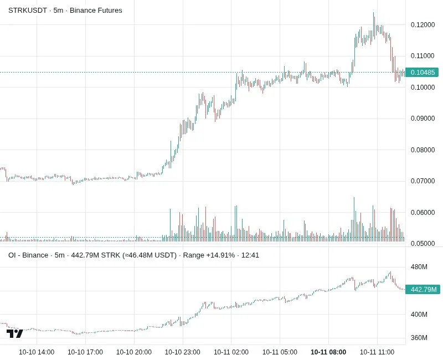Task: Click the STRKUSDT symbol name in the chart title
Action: coord(27,11)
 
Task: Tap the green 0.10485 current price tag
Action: coord(422,73)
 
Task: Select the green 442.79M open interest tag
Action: coord(423,289)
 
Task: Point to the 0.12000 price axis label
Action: coord(423,25)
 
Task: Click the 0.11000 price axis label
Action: coord(423,56)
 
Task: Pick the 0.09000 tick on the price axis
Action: coord(423,119)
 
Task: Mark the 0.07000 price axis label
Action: coord(423,181)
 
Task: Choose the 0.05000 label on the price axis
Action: coord(423,243)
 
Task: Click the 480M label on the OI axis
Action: coord(419,267)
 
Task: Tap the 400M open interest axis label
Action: coord(419,314)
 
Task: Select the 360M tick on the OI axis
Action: coord(419,338)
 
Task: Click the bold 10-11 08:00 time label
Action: coord(328,352)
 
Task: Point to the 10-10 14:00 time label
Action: coord(37,352)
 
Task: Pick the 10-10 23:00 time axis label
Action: coord(183,352)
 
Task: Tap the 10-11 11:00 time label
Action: coord(377,352)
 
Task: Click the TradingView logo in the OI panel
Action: coord(15,334)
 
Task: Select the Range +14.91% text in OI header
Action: coord(209,255)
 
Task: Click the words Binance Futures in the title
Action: coord(96,11)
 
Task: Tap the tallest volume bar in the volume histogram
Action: coord(354,219)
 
